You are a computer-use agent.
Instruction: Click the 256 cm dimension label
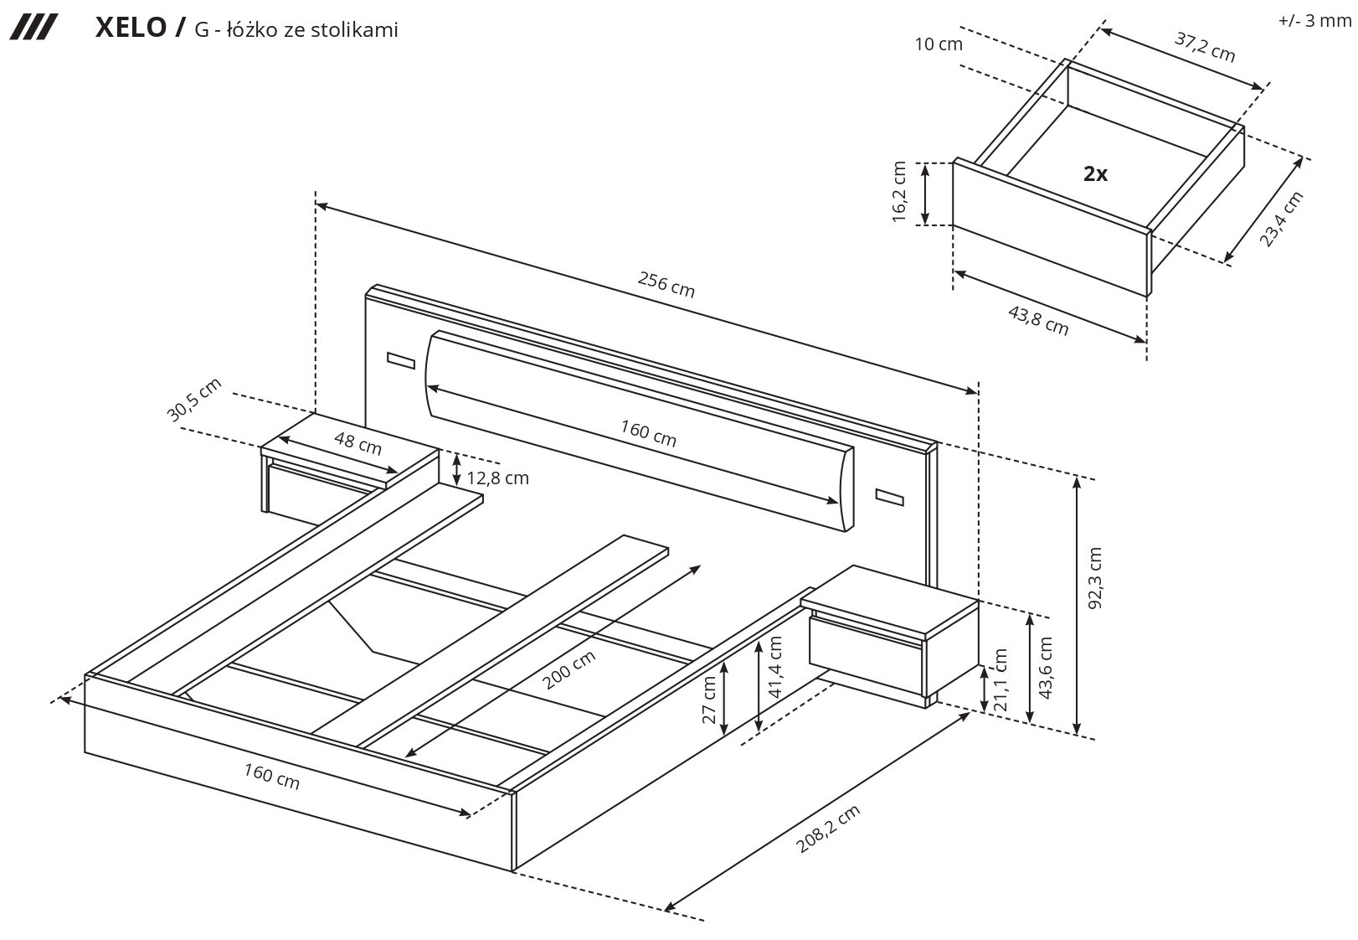coord(666,285)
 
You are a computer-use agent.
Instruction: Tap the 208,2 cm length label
coord(827,829)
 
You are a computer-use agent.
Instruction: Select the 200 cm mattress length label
coord(569,669)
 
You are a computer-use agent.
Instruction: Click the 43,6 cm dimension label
coord(1045,668)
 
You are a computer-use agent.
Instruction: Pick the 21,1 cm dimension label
coord(1000,679)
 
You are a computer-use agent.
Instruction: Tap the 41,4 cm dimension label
coord(774,667)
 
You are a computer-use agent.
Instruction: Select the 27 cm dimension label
coord(710,700)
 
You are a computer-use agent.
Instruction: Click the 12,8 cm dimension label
coord(497,478)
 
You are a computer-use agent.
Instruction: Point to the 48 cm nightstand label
coord(358,443)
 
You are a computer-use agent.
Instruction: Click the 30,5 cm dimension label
coord(193,400)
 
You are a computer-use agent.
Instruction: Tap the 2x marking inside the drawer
coord(1095,174)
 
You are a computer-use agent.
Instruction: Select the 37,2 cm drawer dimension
coord(1205,47)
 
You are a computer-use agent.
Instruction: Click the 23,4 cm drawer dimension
coord(1281,220)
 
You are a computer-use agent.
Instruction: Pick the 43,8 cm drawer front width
coord(1038,320)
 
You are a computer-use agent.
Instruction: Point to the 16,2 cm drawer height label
coord(900,192)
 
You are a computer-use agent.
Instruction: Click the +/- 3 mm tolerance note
coord(1314,21)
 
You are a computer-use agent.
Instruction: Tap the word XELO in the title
coord(131,28)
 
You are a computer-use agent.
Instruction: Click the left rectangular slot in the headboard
coord(401,361)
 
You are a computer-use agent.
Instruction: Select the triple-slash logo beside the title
coord(33,28)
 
